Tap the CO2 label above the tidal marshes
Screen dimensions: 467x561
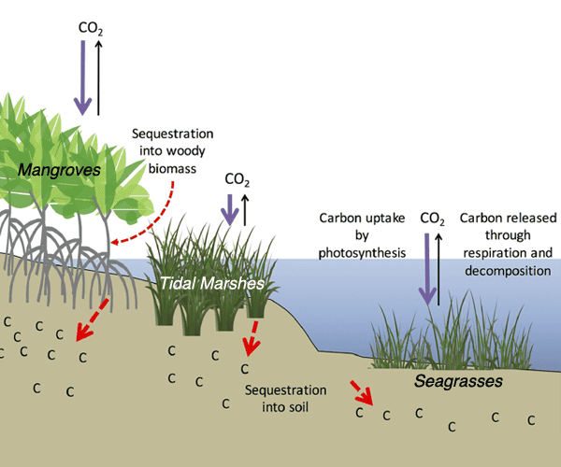237,178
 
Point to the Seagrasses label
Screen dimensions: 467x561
459,382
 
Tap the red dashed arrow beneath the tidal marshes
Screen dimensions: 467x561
251,338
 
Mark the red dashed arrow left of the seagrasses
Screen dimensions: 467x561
362,393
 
